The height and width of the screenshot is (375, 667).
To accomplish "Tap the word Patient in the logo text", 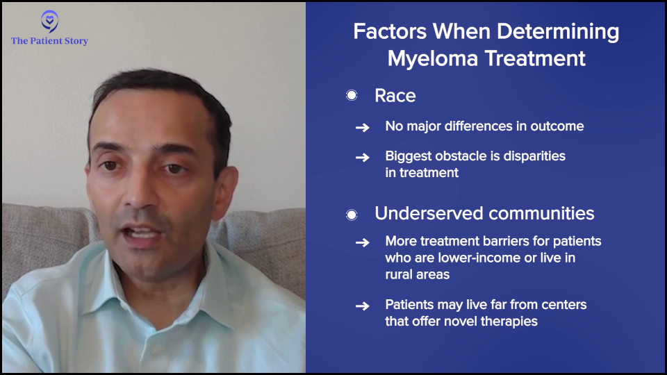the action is [x=46, y=41].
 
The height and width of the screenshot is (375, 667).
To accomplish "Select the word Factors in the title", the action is [x=390, y=31].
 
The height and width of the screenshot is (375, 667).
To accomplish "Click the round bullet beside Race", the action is [x=352, y=95].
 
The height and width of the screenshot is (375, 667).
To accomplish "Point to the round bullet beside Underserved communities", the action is [x=352, y=215].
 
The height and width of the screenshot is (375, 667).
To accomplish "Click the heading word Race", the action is [x=395, y=96].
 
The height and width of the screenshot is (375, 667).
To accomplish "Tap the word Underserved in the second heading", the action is [x=427, y=213].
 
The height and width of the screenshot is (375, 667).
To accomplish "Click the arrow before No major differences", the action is [x=363, y=127].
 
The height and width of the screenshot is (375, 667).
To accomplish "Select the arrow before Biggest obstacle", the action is [x=363, y=158].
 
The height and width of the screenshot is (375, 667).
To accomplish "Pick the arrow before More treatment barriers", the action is [x=363, y=242].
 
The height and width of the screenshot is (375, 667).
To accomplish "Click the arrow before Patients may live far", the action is [x=363, y=306].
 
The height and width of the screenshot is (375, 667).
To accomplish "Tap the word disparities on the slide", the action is [x=534, y=156].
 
